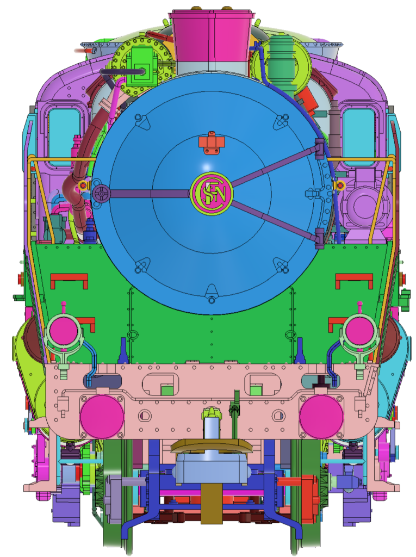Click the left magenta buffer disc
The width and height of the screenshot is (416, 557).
(102, 417)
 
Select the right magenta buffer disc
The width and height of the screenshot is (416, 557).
(321, 417)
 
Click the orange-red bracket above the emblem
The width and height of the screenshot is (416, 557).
(212, 143)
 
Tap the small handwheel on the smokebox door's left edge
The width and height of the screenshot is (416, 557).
(102, 193)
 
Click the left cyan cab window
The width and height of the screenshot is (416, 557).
(64, 137)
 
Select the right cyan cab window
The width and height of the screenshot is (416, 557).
(359, 137)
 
